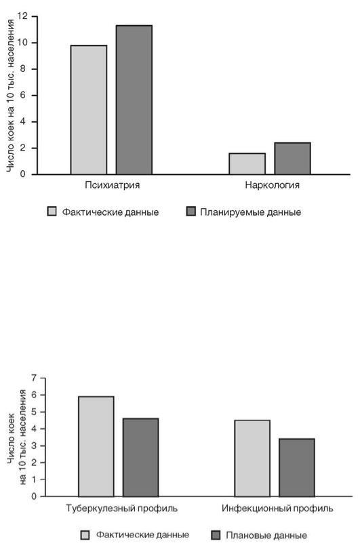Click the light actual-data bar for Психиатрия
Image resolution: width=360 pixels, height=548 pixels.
click(89, 110)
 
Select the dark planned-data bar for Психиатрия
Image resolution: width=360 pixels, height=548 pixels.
click(134, 100)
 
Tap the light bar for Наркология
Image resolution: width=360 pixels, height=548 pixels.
click(247, 163)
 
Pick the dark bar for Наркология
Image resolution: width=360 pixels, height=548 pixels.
click(293, 158)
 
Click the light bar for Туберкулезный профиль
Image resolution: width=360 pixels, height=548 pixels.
click(96, 446)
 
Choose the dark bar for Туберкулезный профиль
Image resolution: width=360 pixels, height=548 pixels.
click(140, 458)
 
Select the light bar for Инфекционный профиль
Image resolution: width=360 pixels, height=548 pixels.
click(252, 458)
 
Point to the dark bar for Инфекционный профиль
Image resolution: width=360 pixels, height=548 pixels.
click(297, 467)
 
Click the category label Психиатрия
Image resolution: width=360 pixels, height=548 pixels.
click(112, 185)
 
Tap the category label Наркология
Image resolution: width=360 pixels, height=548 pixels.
click(273, 185)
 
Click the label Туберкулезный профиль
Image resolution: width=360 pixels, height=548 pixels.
click(121, 508)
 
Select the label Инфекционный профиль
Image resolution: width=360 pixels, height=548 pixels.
click(277, 508)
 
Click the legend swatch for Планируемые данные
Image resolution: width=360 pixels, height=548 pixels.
click(191, 212)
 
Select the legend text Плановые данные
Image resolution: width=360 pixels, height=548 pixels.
click(266, 535)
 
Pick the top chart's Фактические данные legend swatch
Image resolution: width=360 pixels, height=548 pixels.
click(52, 212)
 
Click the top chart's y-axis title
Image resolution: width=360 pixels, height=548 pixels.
click(10, 96)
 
